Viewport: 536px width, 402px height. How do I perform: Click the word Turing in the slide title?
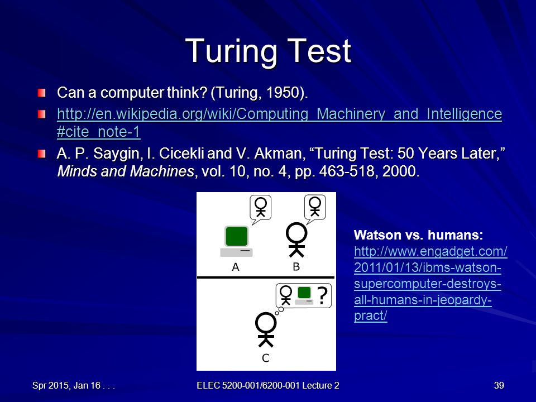click(x=231, y=51)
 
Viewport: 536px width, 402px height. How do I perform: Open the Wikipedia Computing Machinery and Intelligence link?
click(x=279, y=123)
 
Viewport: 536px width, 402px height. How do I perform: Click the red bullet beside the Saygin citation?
click(x=42, y=154)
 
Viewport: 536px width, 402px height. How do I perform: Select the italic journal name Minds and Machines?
click(x=126, y=171)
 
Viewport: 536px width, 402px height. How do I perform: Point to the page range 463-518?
click(x=347, y=171)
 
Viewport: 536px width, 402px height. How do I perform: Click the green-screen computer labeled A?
click(x=236, y=241)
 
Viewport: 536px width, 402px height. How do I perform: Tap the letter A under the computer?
click(x=236, y=267)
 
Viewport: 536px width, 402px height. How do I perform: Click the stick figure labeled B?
click(x=296, y=240)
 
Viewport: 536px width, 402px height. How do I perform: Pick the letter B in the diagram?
click(x=296, y=267)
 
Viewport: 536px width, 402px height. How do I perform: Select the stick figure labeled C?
click(x=266, y=330)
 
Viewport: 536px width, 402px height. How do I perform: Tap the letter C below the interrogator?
click(x=266, y=358)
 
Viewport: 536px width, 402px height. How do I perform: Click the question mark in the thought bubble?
click(x=322, y=296)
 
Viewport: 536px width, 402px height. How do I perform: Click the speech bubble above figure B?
click(x=315, y=208)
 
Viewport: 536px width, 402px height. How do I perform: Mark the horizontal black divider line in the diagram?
click(x=266, y=277)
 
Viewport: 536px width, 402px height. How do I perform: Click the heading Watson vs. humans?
click(x=418, y=235)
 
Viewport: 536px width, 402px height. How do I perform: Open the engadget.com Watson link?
click(x=430, y=284)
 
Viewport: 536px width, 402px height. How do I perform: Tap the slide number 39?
click(x=499, y=385)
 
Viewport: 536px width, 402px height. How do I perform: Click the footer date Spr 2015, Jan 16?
click(x=66, y=386)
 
